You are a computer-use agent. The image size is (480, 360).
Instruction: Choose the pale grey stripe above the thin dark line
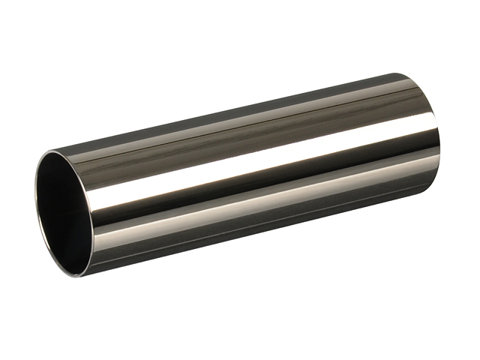pos(247,112)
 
